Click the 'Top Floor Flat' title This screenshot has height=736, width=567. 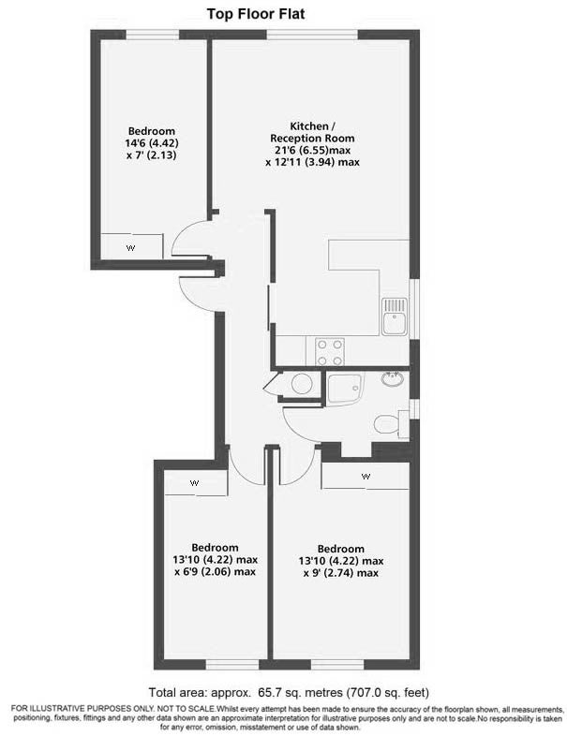coord(256,14)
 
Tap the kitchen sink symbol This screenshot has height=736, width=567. coord(395,316)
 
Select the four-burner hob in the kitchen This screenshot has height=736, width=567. coord(330,351)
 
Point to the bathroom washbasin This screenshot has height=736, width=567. coord(392,378)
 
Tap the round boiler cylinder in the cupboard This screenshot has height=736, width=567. coord(302,384)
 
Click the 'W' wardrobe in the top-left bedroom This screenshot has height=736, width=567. coord(132,246)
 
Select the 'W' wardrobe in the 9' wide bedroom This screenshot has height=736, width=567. coord(365,476)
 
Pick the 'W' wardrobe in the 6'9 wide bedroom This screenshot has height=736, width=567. coord(196,482)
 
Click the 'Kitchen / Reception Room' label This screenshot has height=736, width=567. coord(312,132)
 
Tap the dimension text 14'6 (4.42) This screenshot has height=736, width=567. coord(153,142)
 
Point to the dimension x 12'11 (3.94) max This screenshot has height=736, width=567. coord(312,162)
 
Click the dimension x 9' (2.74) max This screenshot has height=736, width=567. coord(341,573)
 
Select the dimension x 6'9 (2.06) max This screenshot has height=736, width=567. coord(216,572)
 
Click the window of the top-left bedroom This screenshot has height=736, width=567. coord(153,35)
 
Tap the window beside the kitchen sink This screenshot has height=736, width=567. coord(414,309)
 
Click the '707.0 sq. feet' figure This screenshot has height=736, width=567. coord(387,692)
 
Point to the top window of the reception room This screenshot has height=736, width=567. coord(312,35)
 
